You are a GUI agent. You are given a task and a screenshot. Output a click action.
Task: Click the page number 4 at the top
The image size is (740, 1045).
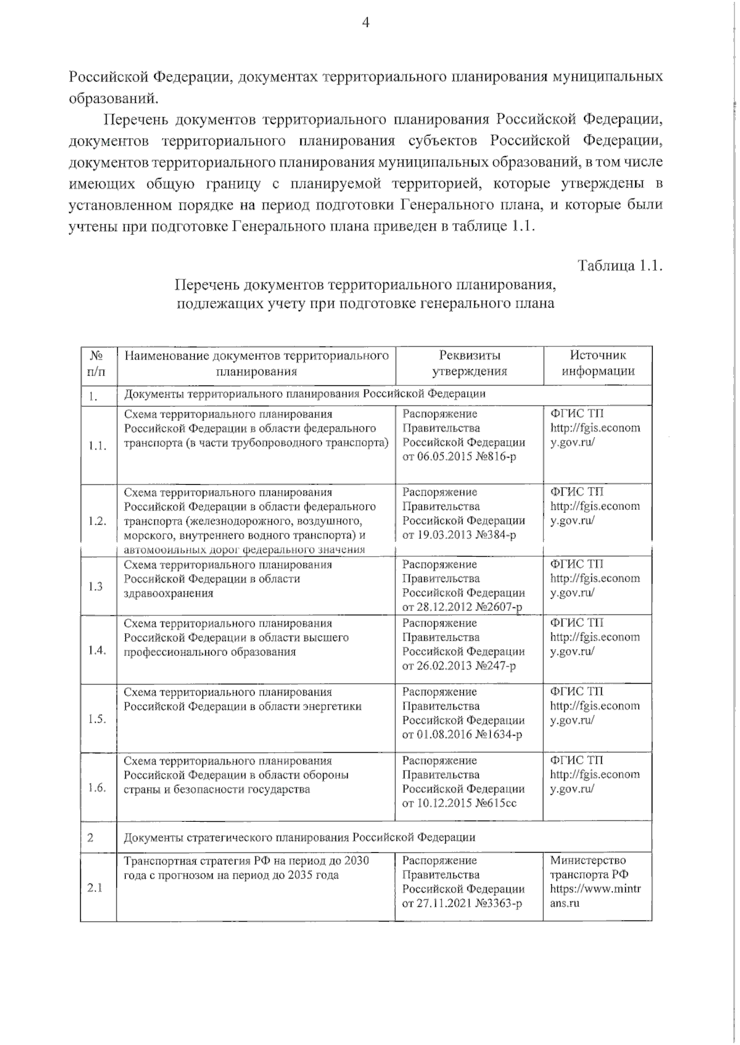click(x=365, y=23)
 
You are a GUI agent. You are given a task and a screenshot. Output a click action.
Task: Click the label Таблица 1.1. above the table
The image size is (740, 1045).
click(x=619, y=266)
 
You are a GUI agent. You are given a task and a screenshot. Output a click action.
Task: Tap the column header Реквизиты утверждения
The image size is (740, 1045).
click(x=469, y=363)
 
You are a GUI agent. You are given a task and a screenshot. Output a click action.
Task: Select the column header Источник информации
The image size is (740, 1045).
click(x=597, y=363)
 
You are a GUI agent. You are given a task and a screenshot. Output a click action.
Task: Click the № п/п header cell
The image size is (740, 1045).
click(x=96, y=363)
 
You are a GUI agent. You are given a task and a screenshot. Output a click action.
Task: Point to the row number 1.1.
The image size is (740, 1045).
click(x=97, y=446)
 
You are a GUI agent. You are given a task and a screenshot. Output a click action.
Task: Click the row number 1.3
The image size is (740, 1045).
click(x=95, y=586)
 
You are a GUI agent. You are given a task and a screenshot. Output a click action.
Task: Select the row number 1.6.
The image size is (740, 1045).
click(x=97, y=787)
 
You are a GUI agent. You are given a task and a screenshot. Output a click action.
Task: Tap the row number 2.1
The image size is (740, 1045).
click(x=95, y=888)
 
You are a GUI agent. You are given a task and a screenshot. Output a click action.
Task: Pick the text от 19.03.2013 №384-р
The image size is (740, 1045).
click(x=459, y=535)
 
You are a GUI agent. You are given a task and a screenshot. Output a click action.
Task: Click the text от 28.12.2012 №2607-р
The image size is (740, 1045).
click(x=462, y=607)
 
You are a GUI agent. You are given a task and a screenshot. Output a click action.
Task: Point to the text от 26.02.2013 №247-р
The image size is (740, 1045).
click(x=459, y=666)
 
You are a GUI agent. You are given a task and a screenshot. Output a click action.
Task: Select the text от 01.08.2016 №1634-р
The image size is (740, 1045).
click(x=462, y=734)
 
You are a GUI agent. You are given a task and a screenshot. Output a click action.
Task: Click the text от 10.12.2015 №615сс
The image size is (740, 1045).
click(x=459, y=803)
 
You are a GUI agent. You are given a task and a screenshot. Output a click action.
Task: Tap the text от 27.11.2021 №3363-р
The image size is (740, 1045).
click(x=462, y=903)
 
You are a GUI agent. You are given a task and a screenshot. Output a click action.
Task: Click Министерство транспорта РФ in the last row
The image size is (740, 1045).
click(x=588, y=867)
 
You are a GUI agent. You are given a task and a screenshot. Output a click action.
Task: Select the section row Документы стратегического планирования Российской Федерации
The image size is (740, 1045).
click(x=300, y=837)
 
